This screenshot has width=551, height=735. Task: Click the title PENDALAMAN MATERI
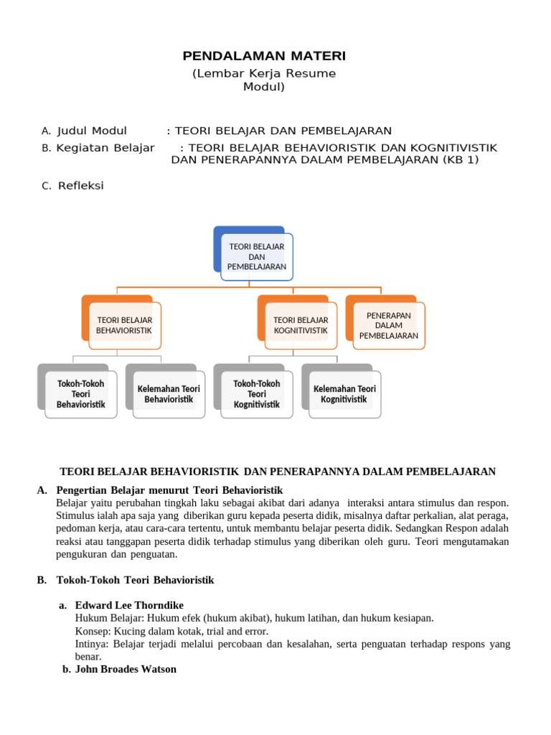click(x=264, y=56)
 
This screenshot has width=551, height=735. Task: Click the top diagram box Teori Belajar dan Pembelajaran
click(x=256, y=256)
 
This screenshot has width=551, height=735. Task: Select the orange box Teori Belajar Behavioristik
click(x=124, y=325)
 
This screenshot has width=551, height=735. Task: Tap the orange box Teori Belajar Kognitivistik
click(x=301, y=325)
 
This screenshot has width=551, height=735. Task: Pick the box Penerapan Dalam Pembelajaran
click(x=388, y=325)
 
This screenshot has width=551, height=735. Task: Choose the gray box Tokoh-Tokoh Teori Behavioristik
click(x=80, y=394)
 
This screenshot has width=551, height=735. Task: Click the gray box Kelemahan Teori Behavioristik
click(x=169, y=394)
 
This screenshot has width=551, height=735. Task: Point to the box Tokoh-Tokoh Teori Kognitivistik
click(x=256, y=394)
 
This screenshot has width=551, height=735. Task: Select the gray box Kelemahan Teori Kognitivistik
click(x=344, y=394)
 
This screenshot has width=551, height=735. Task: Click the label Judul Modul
click(x=92, y=131)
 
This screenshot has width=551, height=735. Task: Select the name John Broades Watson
click(x=126, y=669)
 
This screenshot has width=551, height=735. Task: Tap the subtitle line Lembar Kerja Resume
click(x=264, y=73)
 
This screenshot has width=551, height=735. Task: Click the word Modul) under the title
click(x=264, y=87)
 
